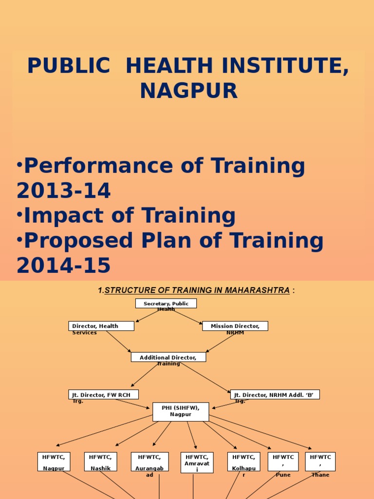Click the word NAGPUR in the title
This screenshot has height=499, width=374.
(189, 91)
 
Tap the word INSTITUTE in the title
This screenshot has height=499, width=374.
(274, 66)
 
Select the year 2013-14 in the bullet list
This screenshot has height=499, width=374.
(64, 192)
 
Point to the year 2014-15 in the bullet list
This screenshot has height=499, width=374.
(64, 266)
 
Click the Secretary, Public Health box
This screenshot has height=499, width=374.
(166, 304)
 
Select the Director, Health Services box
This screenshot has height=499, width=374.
(95, 326)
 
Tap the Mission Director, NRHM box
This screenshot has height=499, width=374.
(235, 326)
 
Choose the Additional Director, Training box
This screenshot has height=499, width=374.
(168, 357)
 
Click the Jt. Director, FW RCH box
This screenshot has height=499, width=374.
(103, 395)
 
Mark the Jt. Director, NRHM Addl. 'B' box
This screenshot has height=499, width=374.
(275, 395)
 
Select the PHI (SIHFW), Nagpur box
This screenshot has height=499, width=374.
(181, 412)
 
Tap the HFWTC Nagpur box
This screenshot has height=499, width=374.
(54, 461)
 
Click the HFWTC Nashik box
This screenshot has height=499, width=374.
(101, 461)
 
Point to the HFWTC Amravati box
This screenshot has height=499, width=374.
(197, 462)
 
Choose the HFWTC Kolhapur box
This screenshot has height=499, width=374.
(244, 461)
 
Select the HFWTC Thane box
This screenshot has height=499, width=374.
(320, 461)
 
